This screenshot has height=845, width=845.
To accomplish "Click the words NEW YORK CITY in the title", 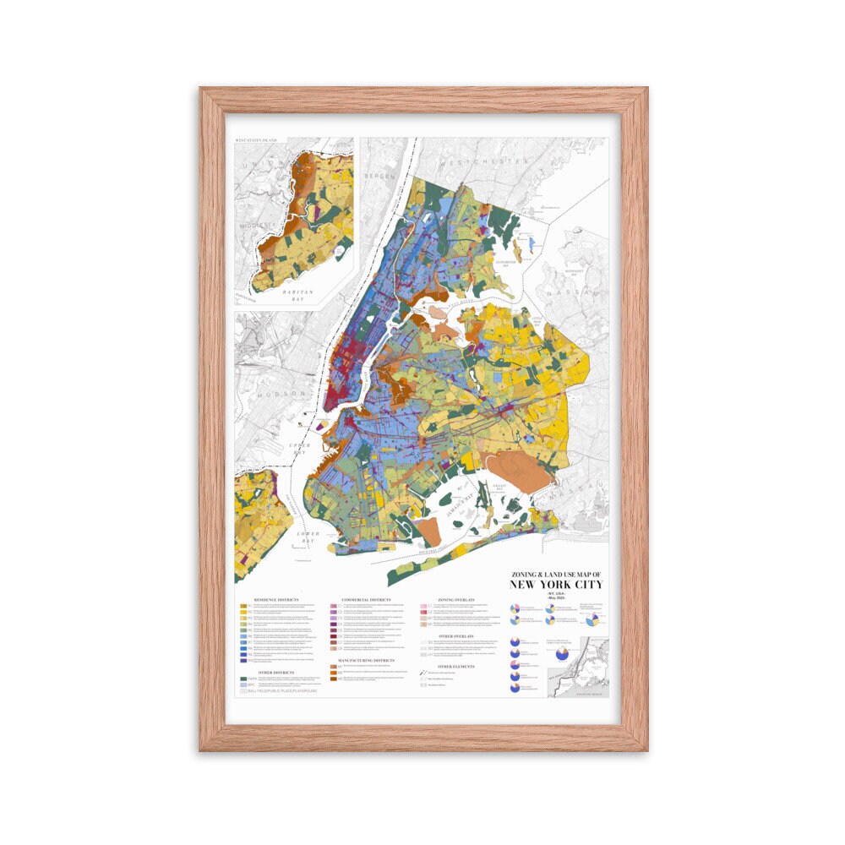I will [x=555, y=585].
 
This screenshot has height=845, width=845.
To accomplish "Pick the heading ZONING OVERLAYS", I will [x=458, y=598].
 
